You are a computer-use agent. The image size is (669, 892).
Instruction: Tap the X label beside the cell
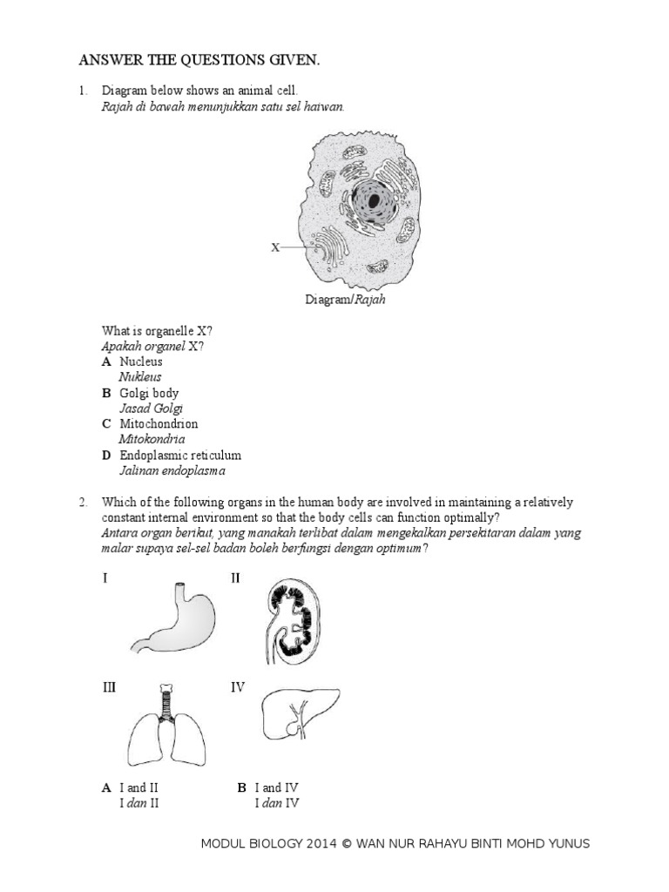coord(275,247)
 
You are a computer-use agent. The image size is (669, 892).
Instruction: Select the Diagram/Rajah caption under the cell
coord(345,300)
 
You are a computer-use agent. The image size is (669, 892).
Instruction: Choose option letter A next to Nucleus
coord(106,362)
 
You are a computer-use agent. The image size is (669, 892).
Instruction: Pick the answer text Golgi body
coord(149,393)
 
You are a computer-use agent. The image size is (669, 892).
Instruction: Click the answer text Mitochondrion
coord(159,424)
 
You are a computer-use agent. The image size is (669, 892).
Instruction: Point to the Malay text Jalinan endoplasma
coord(172,471)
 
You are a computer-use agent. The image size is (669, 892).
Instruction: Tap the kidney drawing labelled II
coord(287,619)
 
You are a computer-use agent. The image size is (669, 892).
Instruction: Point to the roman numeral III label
coord(109,688)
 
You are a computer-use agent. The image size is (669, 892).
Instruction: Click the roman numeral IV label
coord(238,688)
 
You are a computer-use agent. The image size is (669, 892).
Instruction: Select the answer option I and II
coord(139,787)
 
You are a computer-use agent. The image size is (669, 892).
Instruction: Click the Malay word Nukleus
coord(140,377)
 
